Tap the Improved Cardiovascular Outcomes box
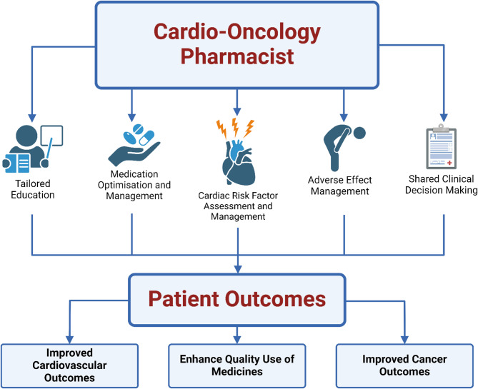[69, 365]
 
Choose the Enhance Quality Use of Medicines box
[239, 365]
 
